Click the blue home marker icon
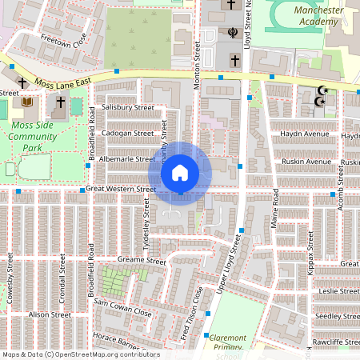point(180,172)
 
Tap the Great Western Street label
point(121,189)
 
